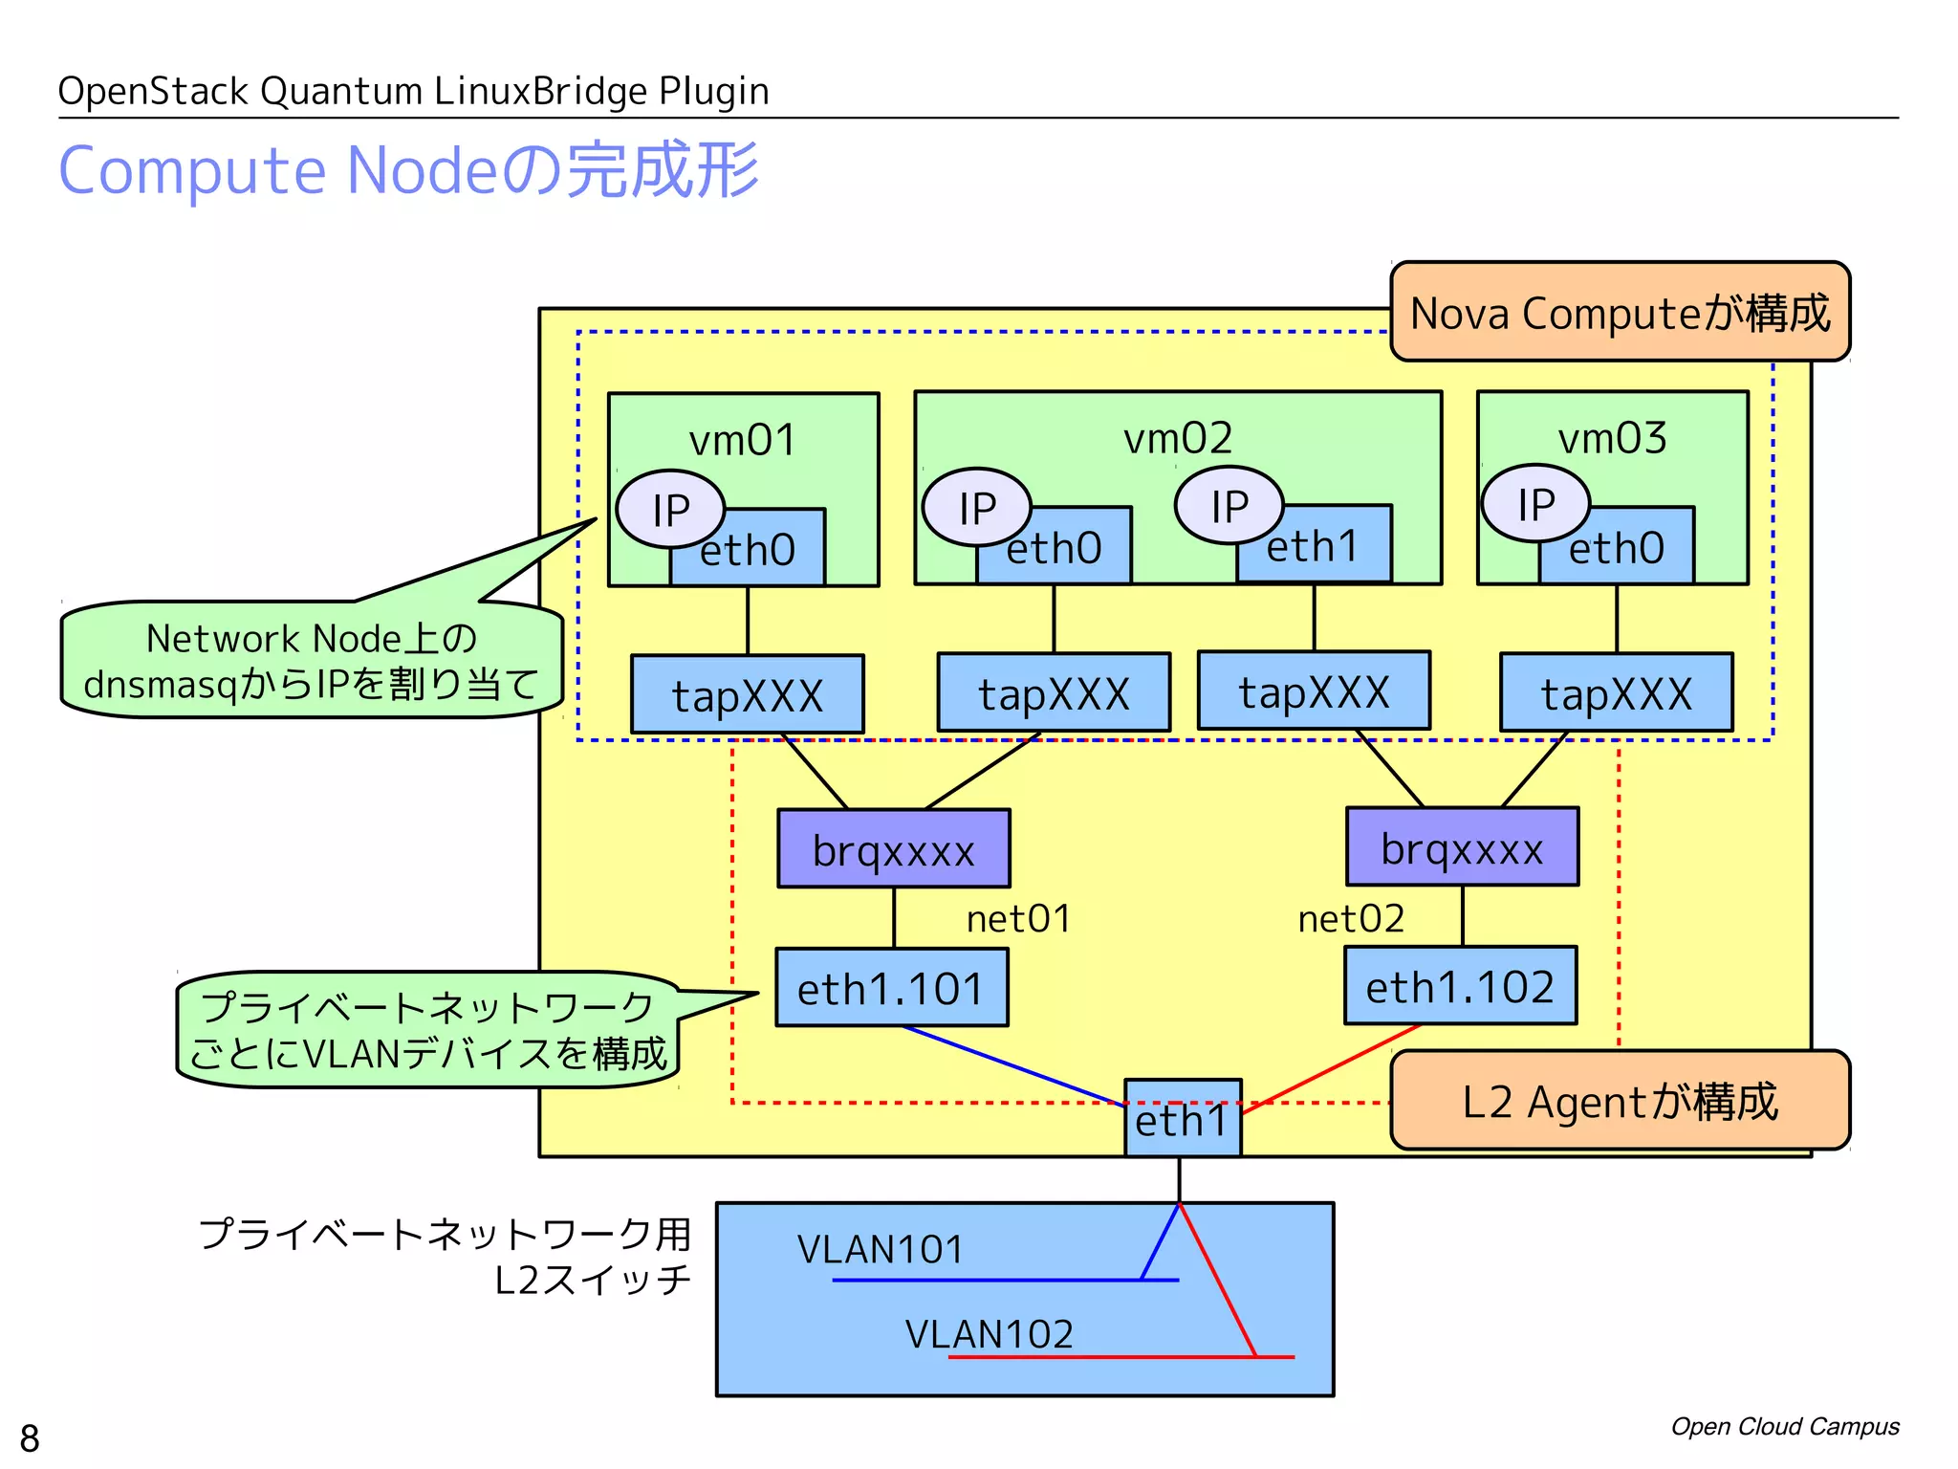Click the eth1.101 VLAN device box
tap(891, 988)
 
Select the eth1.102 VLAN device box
tap(1460, 986)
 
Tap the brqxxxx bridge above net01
tap(893, 849)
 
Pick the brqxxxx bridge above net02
tap(1462, 847)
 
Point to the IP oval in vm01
tap(670, 509)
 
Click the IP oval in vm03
tap(1535, 504)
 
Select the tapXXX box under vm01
tap(747, 694)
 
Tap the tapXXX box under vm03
tap(1616, 693)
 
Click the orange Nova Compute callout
tap(1620, 313)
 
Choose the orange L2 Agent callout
tap(1620, 1101)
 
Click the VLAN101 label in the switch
tap(881, 1249)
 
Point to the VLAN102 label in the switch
tap(990, 1333)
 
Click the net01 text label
tap(1018, 919)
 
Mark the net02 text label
tap(1351, 919)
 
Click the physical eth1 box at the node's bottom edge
tap(1182, 1120)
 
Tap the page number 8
tap(30, 1437)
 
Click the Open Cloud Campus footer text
tap(1784, 1426)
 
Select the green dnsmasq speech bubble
tap(311, 661)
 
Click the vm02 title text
tap(1177, 438)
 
